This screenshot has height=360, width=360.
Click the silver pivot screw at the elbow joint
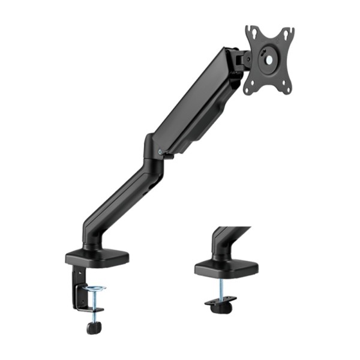click(159, 151)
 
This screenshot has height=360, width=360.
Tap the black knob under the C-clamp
click(91, 328)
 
